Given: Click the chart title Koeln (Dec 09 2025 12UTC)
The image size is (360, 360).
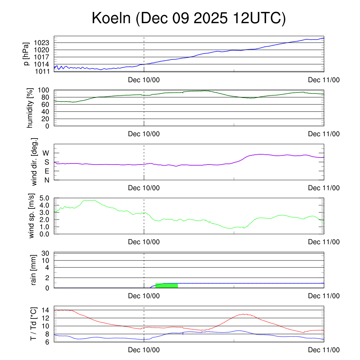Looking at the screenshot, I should pos(188,18).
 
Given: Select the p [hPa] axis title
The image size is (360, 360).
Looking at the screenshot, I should pos(26,54).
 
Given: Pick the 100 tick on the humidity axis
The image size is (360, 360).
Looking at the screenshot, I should pos(44,90).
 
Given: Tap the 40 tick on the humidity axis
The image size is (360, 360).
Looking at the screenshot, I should pos(46,111).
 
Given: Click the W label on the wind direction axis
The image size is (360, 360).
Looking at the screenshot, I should pos(46,153).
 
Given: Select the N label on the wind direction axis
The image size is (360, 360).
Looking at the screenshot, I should pos(47,180).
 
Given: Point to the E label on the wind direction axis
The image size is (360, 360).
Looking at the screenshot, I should pos(47,171).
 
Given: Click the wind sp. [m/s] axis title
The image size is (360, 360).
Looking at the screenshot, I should pos(32,216).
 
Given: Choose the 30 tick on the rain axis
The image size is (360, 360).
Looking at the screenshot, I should pos(45,253).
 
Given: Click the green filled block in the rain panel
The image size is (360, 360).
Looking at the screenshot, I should pos(166,285).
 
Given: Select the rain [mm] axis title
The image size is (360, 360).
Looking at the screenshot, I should pos(32,270).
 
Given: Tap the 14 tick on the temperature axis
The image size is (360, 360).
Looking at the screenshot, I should pos(45,310).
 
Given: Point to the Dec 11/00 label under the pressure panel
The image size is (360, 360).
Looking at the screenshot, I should pos(323,80).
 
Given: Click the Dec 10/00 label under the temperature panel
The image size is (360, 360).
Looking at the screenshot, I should pos(144,350).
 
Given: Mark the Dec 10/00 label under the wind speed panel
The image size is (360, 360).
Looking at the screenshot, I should pos(144,242).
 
